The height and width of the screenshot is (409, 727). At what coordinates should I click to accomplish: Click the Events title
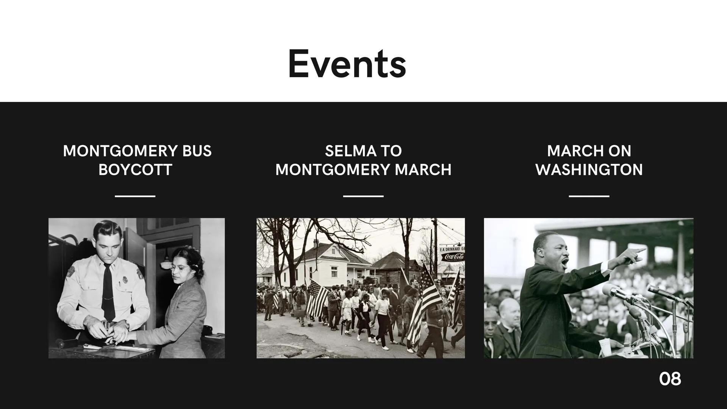(347, 64)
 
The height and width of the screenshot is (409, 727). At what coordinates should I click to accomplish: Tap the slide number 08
(670, 379)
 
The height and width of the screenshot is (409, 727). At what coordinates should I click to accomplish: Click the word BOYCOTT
(135, 170)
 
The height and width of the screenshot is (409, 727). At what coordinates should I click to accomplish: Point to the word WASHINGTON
(589, 170)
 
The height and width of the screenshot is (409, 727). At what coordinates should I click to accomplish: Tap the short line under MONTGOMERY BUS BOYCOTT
(135, 196)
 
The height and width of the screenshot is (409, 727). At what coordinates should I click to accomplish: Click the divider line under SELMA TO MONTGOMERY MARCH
(363, 196)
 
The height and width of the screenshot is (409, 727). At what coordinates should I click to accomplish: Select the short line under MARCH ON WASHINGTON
(589, 196)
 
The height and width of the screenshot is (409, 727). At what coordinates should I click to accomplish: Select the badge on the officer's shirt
(125, 281)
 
